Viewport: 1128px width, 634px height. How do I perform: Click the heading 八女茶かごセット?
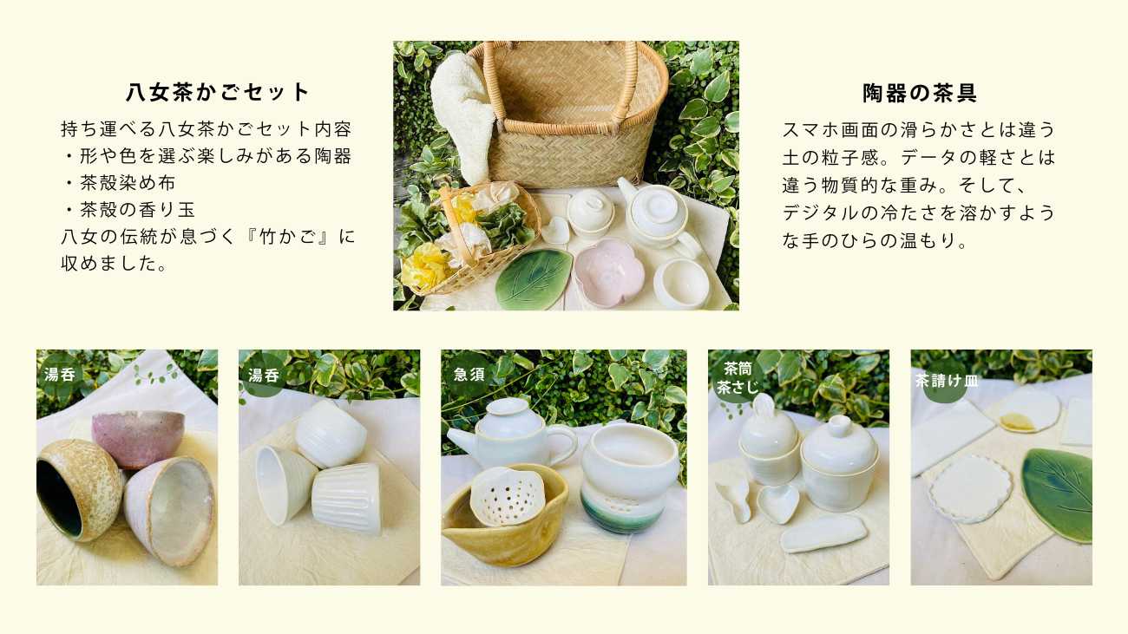pos(218,92)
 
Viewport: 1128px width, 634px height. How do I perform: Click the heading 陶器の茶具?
pos(920,93)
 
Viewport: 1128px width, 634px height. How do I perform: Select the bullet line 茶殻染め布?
pos(121,183)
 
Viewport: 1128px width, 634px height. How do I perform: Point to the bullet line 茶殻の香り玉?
pos(130,209)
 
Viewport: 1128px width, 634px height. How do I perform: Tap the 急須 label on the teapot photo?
pos(469,375)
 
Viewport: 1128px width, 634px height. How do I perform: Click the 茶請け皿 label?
pos(947,381)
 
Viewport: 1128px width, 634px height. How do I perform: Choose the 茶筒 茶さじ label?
pos(738,378)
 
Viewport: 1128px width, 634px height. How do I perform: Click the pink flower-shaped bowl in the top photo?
pos(610,271)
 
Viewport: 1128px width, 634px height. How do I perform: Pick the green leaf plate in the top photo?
pos(534,278)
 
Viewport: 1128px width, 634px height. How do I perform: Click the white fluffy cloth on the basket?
pos(462,117)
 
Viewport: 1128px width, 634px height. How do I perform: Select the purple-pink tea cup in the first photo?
pos(137,437)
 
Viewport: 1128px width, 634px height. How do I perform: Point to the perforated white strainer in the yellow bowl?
pos(506,495)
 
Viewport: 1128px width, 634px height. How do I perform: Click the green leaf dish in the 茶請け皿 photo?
pos(1058,493)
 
